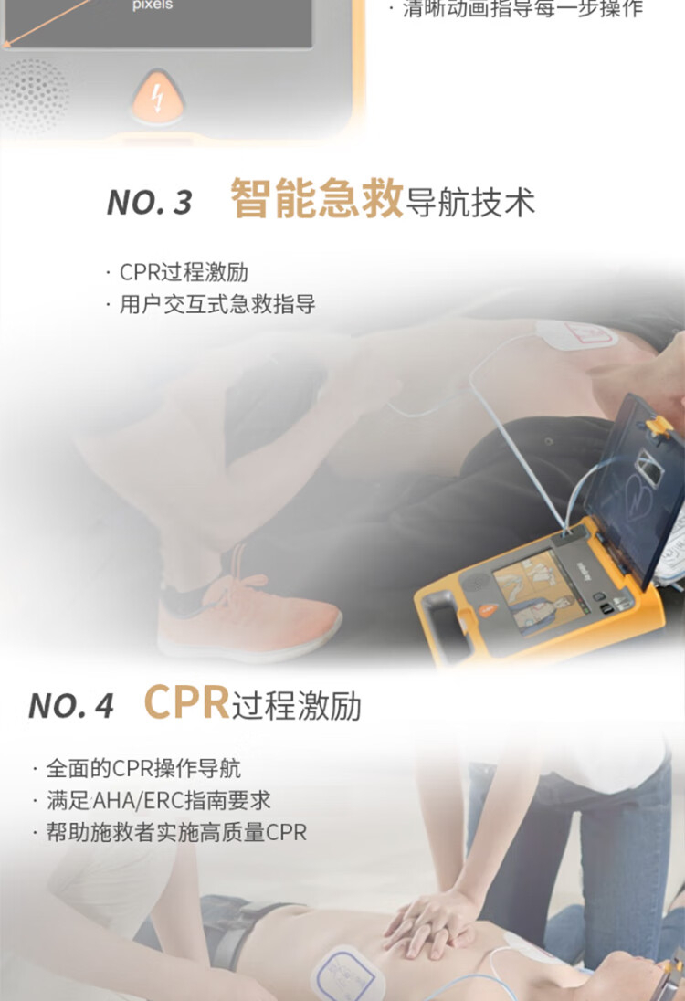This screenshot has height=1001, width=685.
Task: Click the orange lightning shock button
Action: (157, 99)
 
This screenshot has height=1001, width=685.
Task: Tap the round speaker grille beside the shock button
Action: (34, 97)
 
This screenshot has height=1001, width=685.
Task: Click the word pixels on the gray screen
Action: (153, 5)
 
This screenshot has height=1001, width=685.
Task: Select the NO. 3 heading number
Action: (150, 202)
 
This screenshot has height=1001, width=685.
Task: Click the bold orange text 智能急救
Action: (317, 198)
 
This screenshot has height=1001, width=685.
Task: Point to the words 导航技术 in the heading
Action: (470, 203)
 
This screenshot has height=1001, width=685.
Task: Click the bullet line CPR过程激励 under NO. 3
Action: (177, 272)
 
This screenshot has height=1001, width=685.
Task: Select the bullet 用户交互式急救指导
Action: (211, 304)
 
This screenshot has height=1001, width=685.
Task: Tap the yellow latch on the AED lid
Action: (659, 425)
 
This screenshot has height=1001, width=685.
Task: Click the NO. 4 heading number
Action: (71, 706)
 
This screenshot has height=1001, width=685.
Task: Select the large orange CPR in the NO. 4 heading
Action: (186, 702)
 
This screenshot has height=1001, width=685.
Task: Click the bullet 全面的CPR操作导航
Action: (137, 768)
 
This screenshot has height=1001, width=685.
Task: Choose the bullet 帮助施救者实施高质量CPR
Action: (170, 832)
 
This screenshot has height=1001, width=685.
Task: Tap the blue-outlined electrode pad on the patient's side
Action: (347, 974)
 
